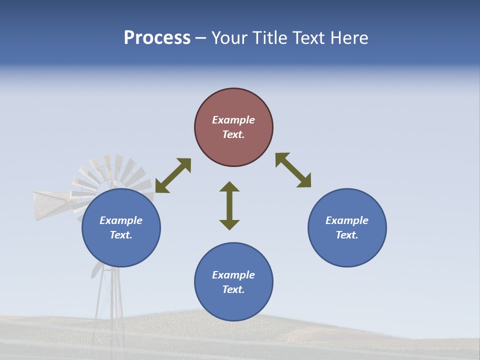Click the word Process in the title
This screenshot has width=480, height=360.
pyautogui.click(x=157, y=38)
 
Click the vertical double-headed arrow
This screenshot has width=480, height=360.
pyautogui.click(x=229, y=205)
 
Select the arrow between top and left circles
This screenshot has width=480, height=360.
pyautogui.click(x=173, y=175)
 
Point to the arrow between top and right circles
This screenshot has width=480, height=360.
pyautogui.click(x=293, y=170)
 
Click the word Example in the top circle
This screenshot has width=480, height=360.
pyautogui.click(x=233, y=120)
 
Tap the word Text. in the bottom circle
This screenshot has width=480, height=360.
pyautogui.click(x=233, y=289)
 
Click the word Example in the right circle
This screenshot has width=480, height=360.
pyautogui.click(x=347, y=220)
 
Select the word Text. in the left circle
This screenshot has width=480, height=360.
pyautogui.click(x=121, y=235)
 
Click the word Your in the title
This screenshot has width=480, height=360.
pyautogui.click(x=228, y=38)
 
